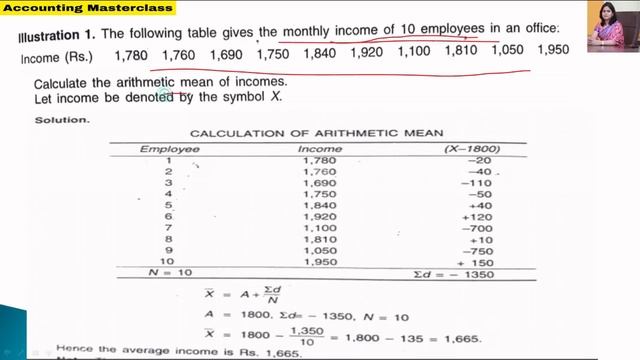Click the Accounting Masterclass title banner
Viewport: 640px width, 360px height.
[x=88, y=9]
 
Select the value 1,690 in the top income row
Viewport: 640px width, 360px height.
[x=226, y=53]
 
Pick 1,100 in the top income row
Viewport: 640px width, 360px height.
[x=414, y=51]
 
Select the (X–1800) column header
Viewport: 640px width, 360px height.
[x=471, y=148]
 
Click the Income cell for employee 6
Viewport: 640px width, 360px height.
[x=320, y=216]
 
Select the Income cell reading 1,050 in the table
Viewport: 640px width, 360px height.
[x=320, y=251]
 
